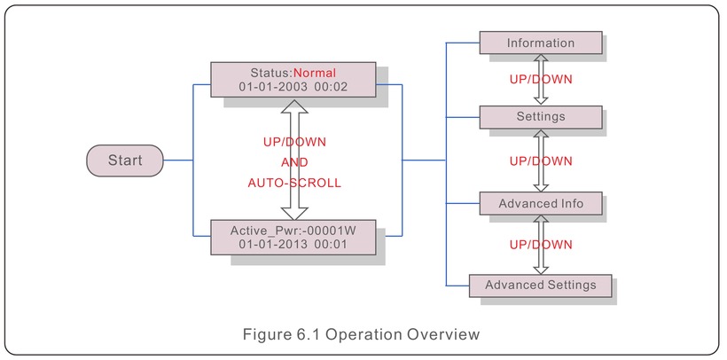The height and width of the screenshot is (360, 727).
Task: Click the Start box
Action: tap(125, 160)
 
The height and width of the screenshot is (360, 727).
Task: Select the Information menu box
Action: tap(541, 43)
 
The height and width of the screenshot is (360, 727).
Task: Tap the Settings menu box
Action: tap(541, 117)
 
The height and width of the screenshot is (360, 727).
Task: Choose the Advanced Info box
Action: tap(541, 204)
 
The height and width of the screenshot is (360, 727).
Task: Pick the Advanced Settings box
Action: tap(541, 286)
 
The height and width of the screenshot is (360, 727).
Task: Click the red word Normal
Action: tap(315, 73)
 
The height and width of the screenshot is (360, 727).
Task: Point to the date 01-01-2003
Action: tap(273, 87)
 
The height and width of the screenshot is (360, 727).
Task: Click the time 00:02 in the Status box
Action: tap(331, 87)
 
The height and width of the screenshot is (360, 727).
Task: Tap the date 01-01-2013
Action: tap(273, 245)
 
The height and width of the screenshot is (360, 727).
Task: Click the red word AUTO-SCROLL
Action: tap(294, 184)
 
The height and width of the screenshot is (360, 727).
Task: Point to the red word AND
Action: tap(294, 163)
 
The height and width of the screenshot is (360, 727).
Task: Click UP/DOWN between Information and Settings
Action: tap(541, 79)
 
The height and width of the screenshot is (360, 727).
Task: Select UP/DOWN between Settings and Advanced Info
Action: tap(541, 161)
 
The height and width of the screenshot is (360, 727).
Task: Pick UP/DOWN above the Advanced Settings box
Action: tap(541, 245)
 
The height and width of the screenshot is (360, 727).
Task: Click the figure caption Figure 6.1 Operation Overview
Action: tap(361, 334)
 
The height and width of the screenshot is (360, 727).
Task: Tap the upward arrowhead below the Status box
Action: tap(294, 106)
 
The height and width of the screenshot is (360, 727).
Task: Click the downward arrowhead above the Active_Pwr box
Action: tap(294, 213)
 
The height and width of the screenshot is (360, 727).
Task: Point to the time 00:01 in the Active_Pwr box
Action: tap(331, 245)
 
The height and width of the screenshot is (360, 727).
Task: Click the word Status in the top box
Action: tap(270, 73)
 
